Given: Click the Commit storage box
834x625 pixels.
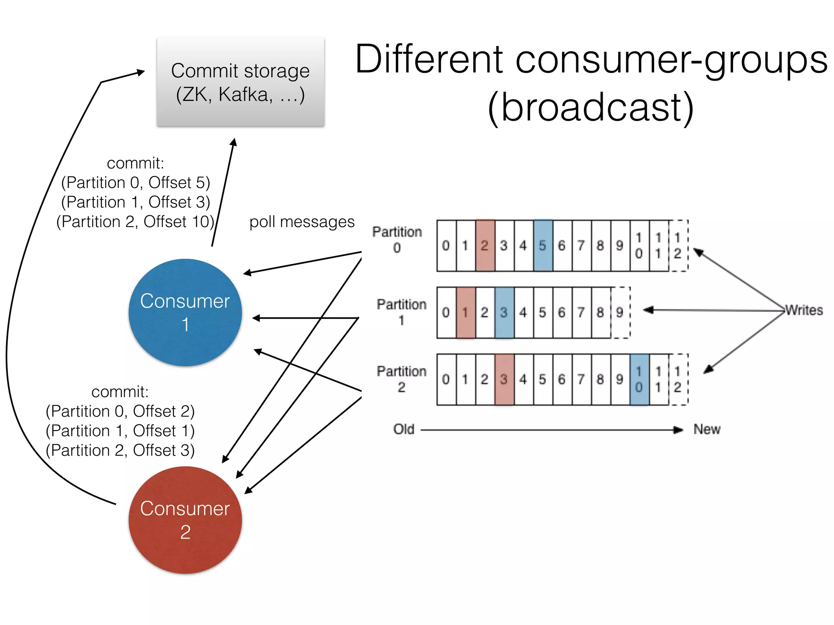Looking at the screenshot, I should click(240, 81).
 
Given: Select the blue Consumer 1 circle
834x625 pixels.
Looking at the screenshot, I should click(185, 312).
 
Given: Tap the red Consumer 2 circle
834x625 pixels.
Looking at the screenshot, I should click(185, 520).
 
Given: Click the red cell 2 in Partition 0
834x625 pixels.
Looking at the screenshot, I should click(485, 245).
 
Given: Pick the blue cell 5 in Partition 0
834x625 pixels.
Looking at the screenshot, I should click(542, 245).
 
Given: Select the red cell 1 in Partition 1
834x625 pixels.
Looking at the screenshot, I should click(465, 312).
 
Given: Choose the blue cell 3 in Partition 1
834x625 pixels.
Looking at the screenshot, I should click(504, 312).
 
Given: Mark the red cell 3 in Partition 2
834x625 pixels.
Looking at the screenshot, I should click(504, 379).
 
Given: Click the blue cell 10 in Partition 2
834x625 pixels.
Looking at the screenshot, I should click(639, 379).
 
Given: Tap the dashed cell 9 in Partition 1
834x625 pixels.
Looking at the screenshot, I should click(620, 312).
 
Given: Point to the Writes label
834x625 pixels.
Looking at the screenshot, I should click(804, 310).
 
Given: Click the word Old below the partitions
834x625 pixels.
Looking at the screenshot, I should click(404, 429).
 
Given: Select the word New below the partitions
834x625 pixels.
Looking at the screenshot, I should click(707, 429).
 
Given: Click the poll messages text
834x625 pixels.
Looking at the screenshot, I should click(302, 222).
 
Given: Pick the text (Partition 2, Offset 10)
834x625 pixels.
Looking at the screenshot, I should click(135, 222).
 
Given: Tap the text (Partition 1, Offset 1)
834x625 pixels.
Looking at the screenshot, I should click(120, 431).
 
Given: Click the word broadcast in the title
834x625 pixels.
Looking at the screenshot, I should click(590, 107).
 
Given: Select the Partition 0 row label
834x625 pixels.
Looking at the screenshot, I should click(397, 239).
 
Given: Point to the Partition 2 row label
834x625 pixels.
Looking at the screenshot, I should click(402, 379).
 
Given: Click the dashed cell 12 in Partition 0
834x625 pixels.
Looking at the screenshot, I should click(678, 245).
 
